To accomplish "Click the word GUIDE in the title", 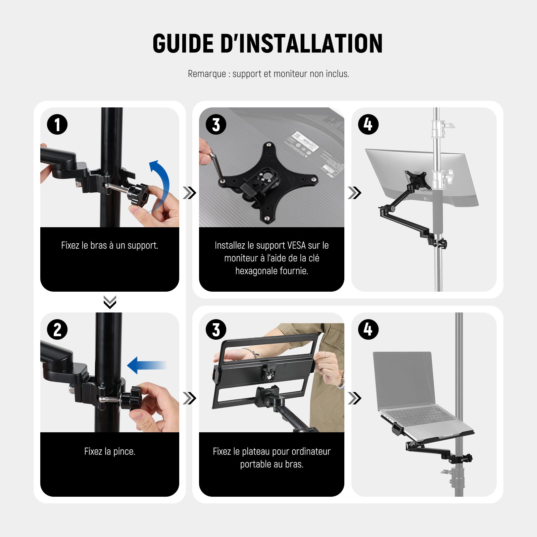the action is tap(183, 44).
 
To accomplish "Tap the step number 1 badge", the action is tap(57, 125).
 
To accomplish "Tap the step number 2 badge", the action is tap(57, 329).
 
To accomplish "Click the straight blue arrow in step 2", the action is tap(147, 365).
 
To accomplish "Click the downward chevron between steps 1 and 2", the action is tap(110, 302).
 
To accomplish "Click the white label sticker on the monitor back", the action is tap(304, 142).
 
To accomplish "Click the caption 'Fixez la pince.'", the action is tap(110, 451).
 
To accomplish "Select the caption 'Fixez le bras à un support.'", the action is tap(110, 245).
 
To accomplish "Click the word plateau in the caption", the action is tap(255, 452).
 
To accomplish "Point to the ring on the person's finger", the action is tap(325, 354).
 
